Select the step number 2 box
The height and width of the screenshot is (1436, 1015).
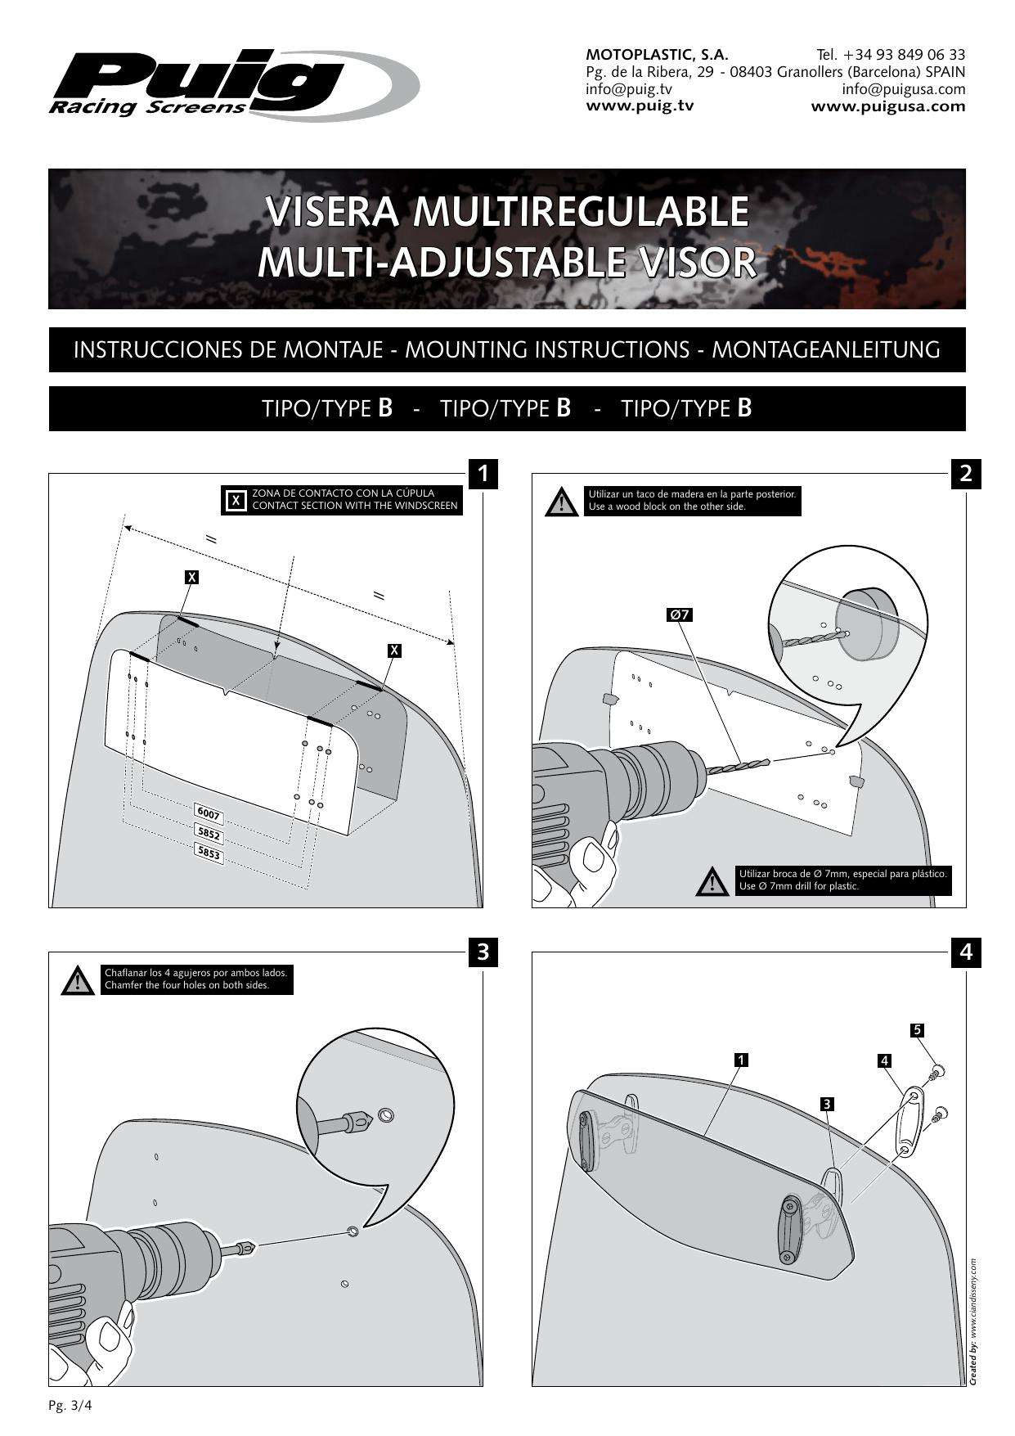pos(966,473)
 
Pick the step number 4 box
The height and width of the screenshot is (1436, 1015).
pos(966,952)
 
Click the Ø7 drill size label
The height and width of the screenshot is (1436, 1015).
pos(680,614)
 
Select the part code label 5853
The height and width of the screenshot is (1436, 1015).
pos(209,853)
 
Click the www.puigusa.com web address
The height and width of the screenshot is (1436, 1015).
pos(887,106)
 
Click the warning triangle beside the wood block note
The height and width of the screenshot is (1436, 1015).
pos(560,502)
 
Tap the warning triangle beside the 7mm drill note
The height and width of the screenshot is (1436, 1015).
pos(712,881)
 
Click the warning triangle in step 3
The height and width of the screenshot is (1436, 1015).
pos(77,980)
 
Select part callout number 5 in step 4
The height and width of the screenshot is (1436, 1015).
pos(918,1029)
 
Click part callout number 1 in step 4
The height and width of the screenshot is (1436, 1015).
pos(740,1060)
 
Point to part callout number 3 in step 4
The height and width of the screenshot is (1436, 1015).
pos(828,1104)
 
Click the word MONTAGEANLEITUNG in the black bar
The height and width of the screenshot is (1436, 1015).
pos(825,350)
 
